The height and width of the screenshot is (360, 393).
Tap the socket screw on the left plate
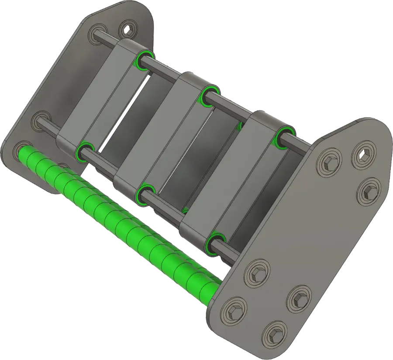(x=128, y=30)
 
